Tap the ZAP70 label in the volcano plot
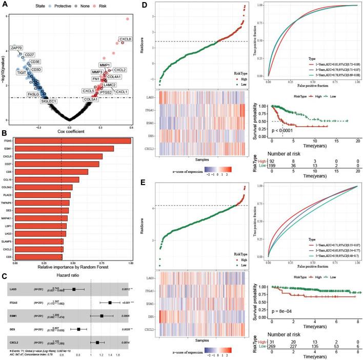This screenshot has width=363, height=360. tap(19, 47)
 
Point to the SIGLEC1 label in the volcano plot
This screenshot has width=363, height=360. tap(50, 101)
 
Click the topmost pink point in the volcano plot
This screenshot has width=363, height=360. tap(127, 19)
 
